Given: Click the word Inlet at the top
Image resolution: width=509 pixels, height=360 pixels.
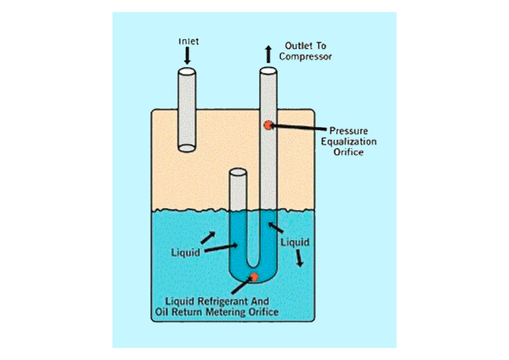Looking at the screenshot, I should click(189, 42).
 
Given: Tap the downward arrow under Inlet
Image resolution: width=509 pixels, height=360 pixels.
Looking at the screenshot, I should click(187, 56).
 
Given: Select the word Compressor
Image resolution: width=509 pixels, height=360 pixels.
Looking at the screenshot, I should click(305, 57).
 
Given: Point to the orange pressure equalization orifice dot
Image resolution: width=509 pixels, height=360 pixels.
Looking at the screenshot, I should click(267, 125).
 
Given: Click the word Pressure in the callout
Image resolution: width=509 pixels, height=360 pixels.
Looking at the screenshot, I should click(348, 131).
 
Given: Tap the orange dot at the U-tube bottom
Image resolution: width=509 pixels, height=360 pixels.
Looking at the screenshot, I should click(254, 277).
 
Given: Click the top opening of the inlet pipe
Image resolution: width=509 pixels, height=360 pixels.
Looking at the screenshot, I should click(187, 71).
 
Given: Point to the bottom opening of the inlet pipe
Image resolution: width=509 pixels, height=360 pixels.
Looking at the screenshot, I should click(187, 148).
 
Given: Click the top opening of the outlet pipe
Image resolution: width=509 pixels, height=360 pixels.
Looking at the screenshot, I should click(268, 71).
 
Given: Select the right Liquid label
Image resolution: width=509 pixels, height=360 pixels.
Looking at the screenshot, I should click(296, 243).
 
